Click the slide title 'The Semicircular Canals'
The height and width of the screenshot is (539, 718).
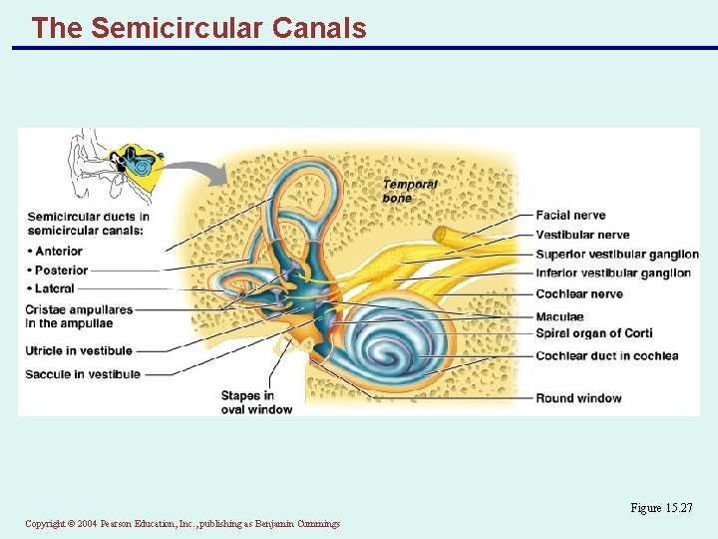pos(198,28)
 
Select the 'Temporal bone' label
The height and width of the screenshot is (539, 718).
pos(409,191)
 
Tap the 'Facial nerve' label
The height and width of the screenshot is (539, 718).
pos(570,216)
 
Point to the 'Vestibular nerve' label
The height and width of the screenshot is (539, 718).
pos(582,236)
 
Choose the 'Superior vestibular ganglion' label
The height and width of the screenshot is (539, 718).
pos(616,255)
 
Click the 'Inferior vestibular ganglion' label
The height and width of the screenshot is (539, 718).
pos(612,273)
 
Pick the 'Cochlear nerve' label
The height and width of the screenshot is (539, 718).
pos(578,294)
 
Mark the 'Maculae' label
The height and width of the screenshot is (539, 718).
pos(559,317)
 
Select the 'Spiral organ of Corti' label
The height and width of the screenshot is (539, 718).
pos(593,333)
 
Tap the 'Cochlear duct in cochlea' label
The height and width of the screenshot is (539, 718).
pos(606,356)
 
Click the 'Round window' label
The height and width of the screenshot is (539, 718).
pos(578,398)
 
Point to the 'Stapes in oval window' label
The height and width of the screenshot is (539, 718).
pos(256,402)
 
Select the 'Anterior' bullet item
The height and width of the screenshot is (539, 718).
pos(58,252)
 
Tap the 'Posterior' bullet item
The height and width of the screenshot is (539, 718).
pos(61,270)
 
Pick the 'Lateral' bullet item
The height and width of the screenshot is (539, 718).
pos(54,289)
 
